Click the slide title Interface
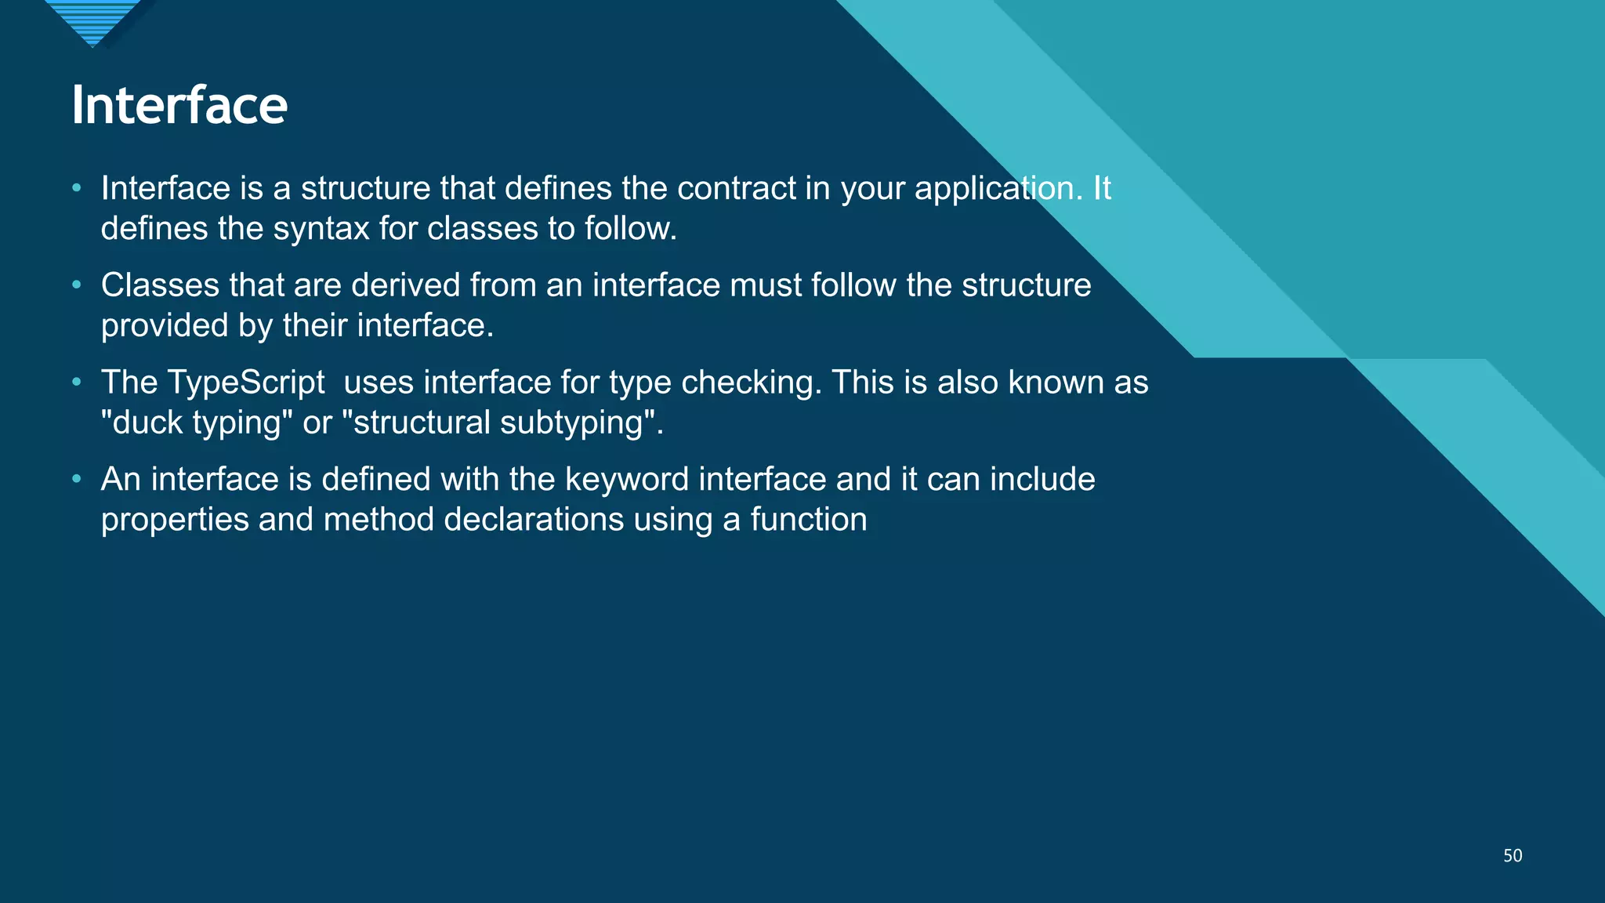(179, 105)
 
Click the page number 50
(1513, 856)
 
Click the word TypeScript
(246, 383)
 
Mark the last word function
(808, 520)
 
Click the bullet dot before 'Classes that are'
(76, 285)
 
